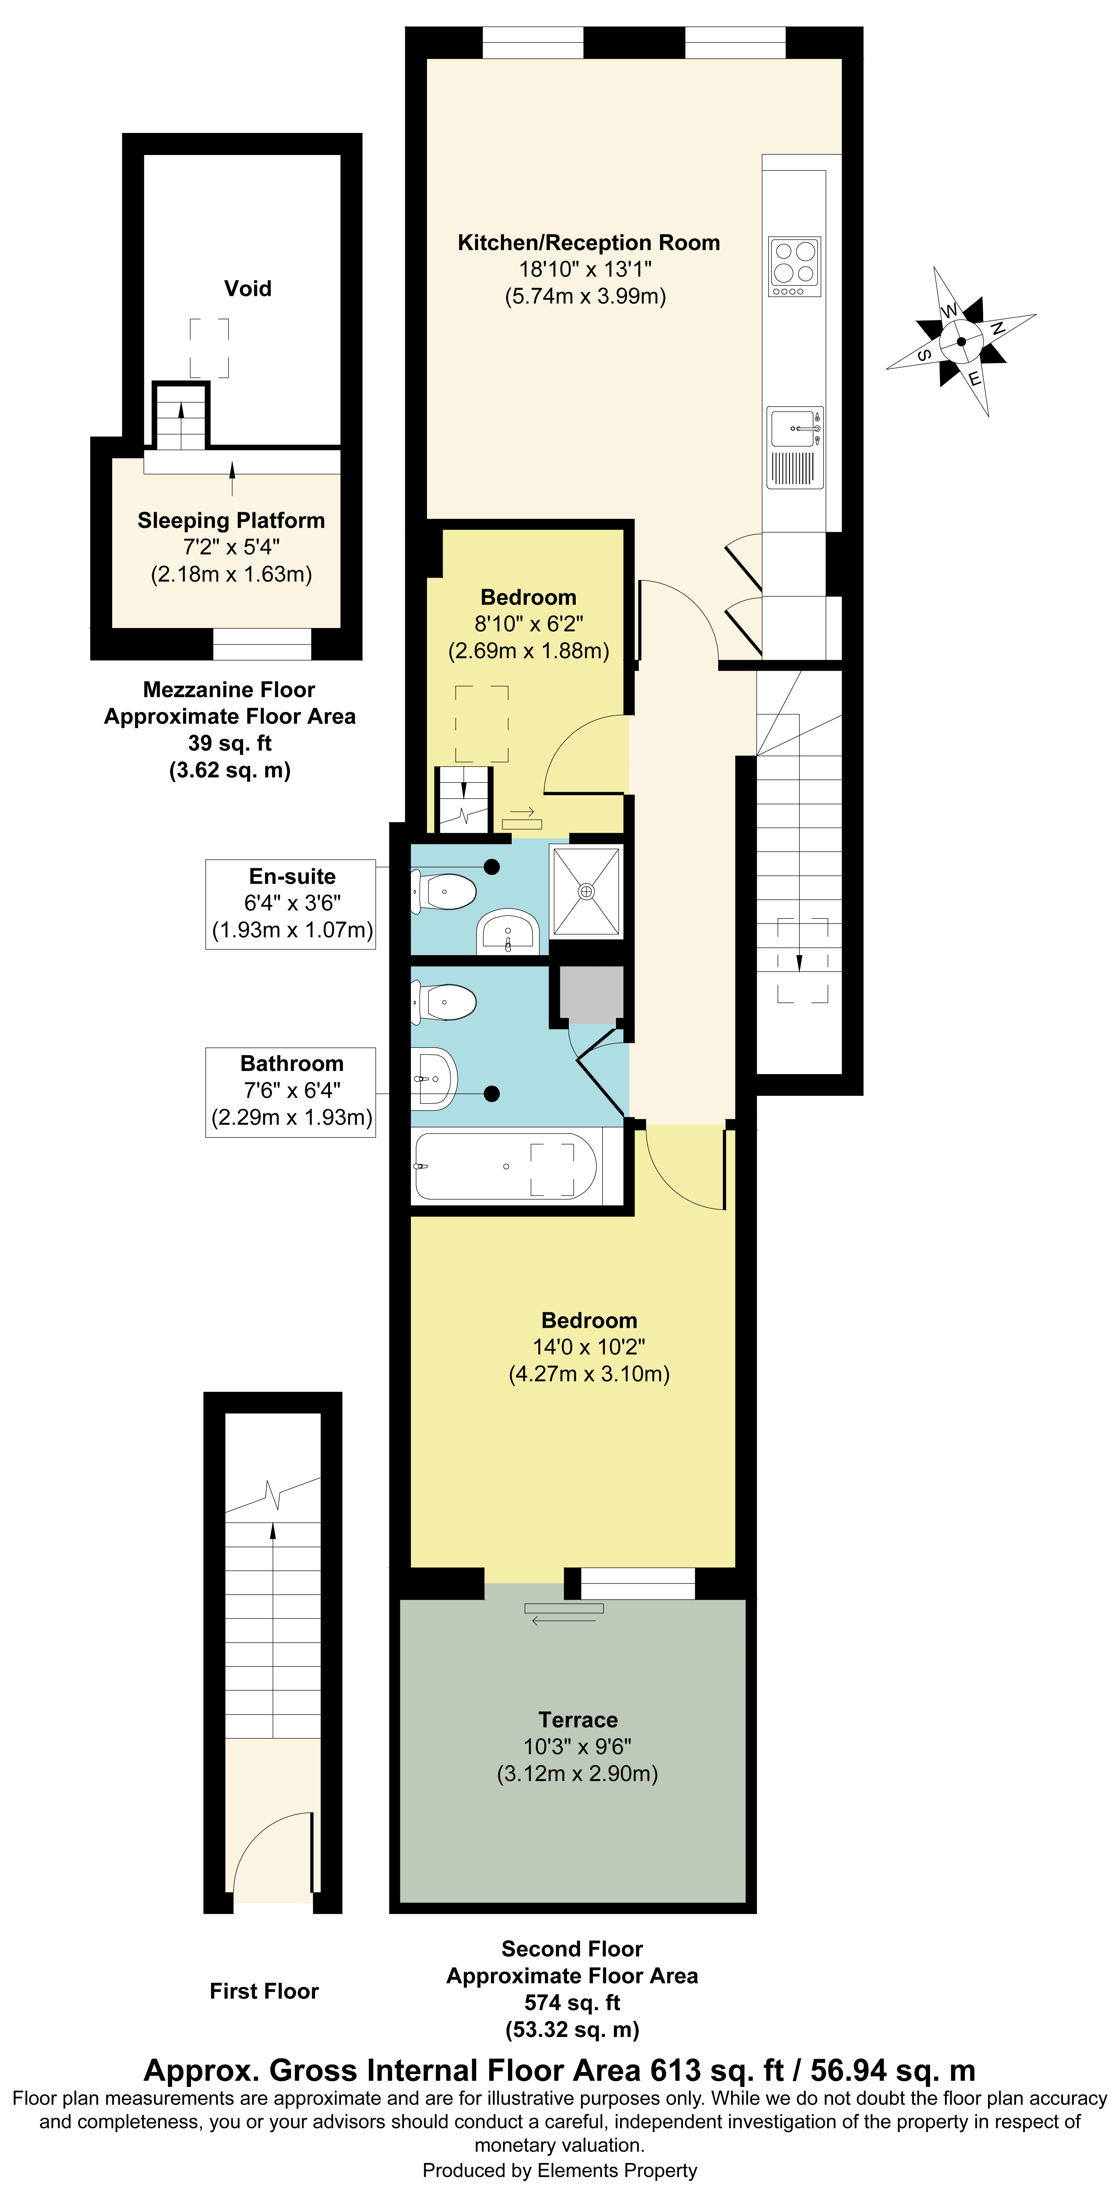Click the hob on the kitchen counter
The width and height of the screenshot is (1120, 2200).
(x=794, y=266)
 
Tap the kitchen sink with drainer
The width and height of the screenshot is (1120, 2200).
(x=794, y=447)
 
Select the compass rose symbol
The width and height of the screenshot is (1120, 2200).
(x=961, y=341)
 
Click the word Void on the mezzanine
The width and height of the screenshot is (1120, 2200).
(x=248, y=289)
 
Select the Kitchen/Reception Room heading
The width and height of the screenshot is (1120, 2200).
(x=589, y=242)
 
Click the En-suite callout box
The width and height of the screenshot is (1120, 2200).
(x=290, y=904)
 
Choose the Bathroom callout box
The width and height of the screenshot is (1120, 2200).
(x=290, y=1092)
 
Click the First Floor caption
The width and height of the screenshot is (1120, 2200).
(x=264, y=1991)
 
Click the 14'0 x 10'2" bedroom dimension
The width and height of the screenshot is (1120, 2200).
(x=589, y=1347)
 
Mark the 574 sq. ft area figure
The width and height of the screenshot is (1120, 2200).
(x=572, y=2003)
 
